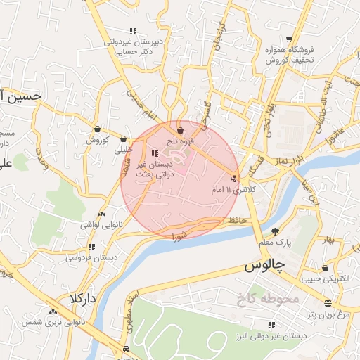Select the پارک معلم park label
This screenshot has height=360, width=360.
274,243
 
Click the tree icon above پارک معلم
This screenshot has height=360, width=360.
275,231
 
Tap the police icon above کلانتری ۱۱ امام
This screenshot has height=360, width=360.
234,179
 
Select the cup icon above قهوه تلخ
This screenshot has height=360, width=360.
180,130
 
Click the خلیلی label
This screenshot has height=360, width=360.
124,149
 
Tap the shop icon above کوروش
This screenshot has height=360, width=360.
96,129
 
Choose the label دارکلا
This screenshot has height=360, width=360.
82,298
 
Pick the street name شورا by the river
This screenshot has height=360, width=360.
179,233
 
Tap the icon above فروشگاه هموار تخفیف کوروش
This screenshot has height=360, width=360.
290,39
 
